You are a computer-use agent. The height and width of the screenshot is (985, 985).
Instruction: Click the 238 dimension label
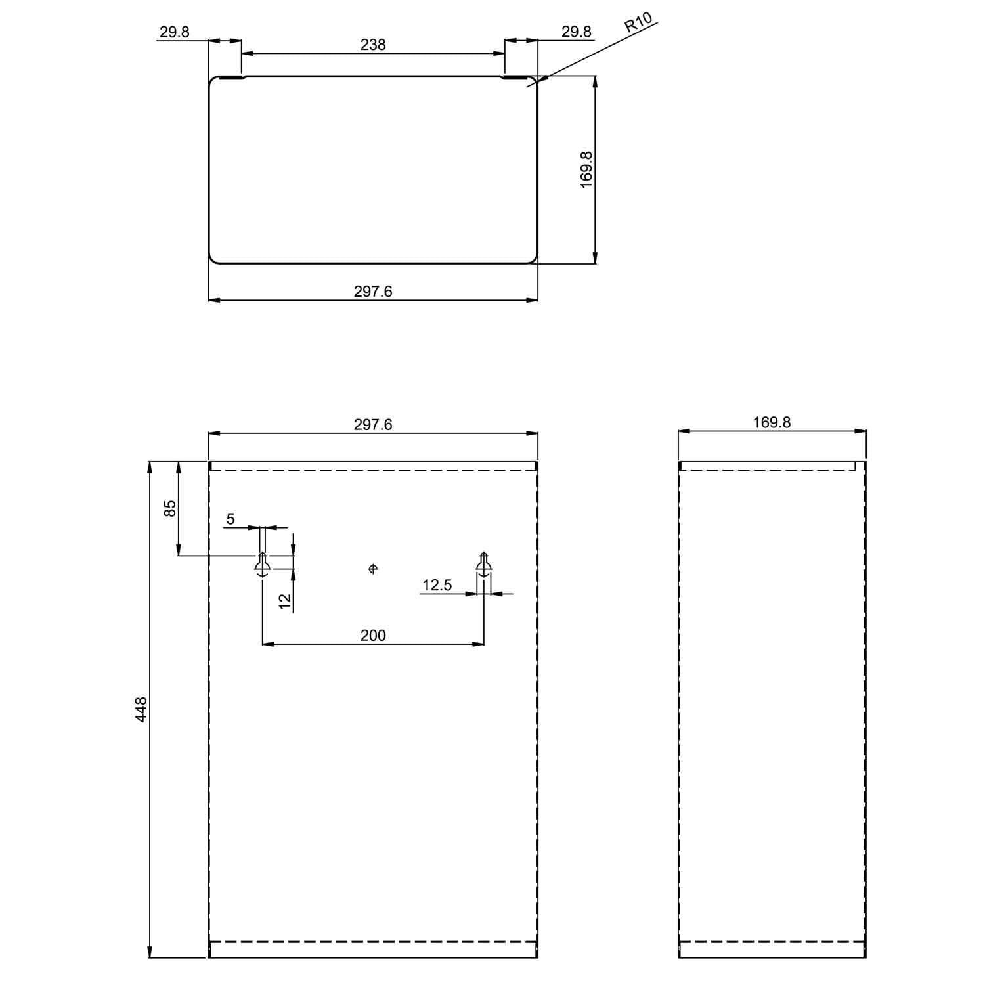373,45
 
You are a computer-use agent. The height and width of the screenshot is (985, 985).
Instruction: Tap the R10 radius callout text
638,23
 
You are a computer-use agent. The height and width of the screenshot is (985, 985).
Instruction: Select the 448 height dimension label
141,710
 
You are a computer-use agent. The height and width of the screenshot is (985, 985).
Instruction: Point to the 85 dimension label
170,508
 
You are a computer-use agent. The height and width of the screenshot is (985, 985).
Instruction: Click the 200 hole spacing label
373,635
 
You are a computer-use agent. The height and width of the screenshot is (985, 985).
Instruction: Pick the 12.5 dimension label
437,585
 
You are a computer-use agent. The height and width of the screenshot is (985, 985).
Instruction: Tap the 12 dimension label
285,601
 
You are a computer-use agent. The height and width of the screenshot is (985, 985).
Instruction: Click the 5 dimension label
230,519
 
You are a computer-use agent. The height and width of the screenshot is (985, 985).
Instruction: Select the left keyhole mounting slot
262,564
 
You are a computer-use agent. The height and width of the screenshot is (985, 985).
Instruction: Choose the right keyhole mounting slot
484,564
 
